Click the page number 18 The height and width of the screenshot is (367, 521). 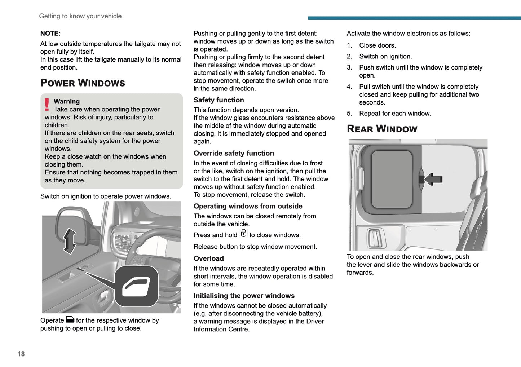pyautogui.click(x=21, y=354)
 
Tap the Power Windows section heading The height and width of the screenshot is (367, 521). pyautogui.click(x=83, y=83)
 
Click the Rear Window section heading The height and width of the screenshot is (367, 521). pyautogui.click(x=382, y=129)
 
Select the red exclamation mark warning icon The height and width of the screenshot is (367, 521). pyautogui.click(x=47, y=105)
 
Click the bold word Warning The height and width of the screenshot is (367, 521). pyautogui.click(x=67, y=102)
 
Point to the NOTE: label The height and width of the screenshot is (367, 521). pyautogui.click(x=50, y=34)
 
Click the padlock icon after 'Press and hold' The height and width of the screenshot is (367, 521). pyautogui.click(x=244, y=233)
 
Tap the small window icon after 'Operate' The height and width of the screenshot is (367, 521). pyautogui.click(x=70, y=319)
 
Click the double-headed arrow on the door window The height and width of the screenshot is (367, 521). pyautogui.click(x=70, y=241)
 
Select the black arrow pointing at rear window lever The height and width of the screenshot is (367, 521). pyautogui.click(x=433, y=179)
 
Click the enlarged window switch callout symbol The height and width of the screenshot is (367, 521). pyautogui.click(x=136, y=286)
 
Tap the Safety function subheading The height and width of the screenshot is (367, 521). pyautogui.click(x=218, y=100)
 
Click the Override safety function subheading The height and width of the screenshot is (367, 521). pyautogui.click(x=234, y=154)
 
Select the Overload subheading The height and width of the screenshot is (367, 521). pyautogui.click(x=208, y=258)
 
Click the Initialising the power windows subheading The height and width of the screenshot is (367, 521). pyautogui.click(x=244, y=296)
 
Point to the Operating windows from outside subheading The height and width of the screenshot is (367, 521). pyautogui.click(x=248, y=206)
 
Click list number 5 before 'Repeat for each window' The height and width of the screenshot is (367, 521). pyautogui.click(x=349, y=114)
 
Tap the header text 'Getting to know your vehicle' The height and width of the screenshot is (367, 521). pyautogui.click(x=80, y=16)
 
